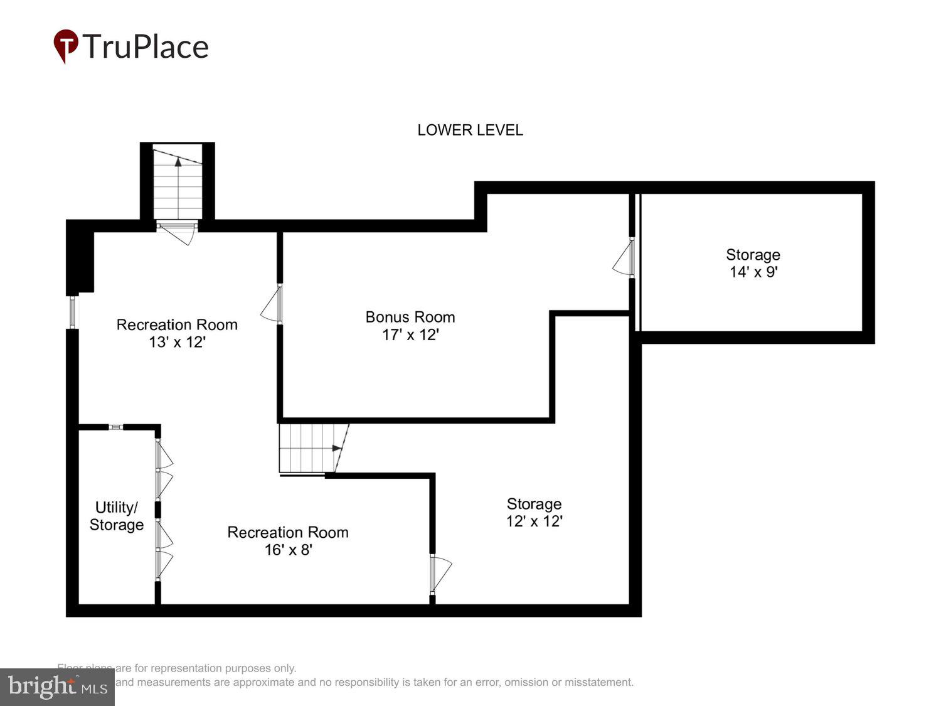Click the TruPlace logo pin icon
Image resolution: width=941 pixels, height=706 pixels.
(x=65, y=46)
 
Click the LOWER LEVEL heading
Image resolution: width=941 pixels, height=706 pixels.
(x=470, y=130)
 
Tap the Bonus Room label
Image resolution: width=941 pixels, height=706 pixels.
(x=410, y=317)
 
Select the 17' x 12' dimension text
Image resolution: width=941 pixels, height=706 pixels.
(x=410, y=335)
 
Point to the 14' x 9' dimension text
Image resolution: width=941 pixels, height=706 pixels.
(x=753, y=272)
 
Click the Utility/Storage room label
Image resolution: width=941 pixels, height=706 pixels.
(x=117, y=516)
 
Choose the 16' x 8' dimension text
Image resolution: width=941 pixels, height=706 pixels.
(x=288, y=550)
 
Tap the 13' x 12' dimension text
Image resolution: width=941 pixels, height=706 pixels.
(x=177, y=342)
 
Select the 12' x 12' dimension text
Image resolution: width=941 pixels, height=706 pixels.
(x=534, y=521)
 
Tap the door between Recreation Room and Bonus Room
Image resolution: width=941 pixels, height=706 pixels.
(x=274, y=304)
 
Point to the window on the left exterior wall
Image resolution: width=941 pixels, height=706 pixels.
(x=73, y=312)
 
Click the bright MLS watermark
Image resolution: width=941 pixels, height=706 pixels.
(x=57, y=687)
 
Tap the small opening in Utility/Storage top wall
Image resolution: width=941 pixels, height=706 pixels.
(x=115, y=427)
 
